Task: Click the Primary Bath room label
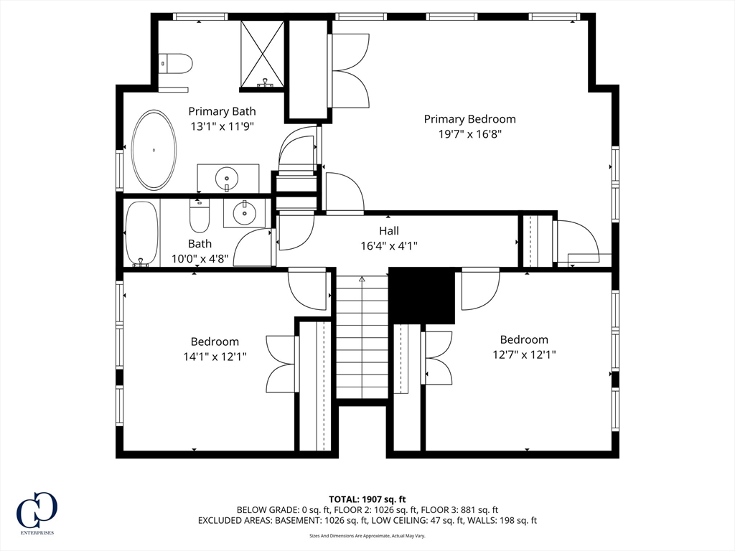click(222, 111)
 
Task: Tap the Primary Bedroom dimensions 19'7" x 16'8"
click(469, 134)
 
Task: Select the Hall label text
click(389, 230)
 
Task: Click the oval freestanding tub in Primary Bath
click(154, 150)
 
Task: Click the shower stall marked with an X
click(263, 54)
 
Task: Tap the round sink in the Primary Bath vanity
click(227, 179)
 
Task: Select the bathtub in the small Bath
click(141, 234)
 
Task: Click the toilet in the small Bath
click(200, 215)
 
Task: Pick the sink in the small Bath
click(244, 213)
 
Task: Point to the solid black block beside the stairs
click(422, 296)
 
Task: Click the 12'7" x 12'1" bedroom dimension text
click(524, 354)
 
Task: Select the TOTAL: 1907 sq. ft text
click(367, 499)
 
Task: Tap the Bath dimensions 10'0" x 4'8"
click(200, 258)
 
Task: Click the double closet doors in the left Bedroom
click(282, 364)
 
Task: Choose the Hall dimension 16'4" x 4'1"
click(389, 245)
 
